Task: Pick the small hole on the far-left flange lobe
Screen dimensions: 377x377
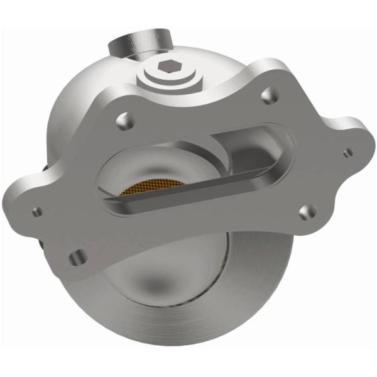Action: (x=38, y=212)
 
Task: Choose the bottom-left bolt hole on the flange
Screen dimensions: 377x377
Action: (x=78, y=256)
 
